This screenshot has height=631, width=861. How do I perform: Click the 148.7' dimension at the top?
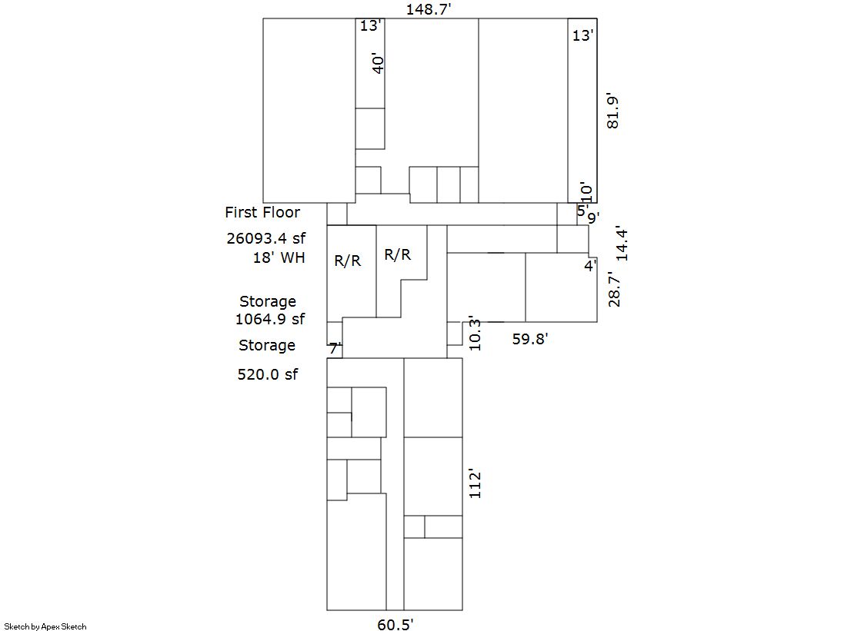tap(429, 8)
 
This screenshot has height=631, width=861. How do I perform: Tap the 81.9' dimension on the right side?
tap(612, 112)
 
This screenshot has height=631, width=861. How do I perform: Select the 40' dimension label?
tap(378, 64)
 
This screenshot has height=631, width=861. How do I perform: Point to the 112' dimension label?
tap(475, 483)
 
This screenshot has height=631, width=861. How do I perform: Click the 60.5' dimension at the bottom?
tap(395, 624)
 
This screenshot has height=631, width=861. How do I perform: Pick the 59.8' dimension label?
tap(530, 339)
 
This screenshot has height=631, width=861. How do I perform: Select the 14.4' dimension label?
tap(621, 243)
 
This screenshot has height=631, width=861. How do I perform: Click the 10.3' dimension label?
tap(475, 333)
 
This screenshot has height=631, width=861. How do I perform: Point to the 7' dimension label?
tap(335, 348)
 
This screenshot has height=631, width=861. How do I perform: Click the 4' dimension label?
tap(590, 266)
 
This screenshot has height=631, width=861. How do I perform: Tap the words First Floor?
tap(262, 212)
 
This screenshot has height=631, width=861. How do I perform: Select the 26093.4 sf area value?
tap(266, 238)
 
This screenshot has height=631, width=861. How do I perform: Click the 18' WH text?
tap(279, 257)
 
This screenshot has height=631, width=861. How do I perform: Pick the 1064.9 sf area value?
tap(269, 319)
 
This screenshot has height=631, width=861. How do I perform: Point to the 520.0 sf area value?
tap(268, 374)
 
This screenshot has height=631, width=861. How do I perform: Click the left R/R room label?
tap(348, 261)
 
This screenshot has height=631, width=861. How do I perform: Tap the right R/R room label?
tap(398, 254)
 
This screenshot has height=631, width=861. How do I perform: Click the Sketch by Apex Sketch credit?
tap(45, 626)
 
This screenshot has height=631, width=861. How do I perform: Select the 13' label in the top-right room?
tap(583, 35)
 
